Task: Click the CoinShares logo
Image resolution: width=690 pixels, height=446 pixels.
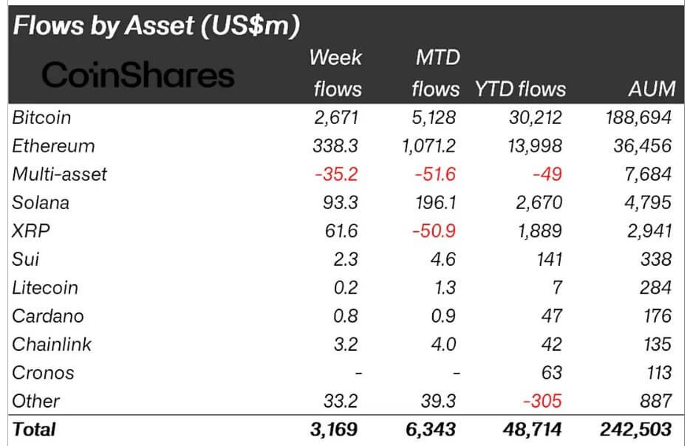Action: coord(138,75)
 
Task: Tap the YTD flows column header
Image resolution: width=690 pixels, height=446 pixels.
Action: coord(520,89)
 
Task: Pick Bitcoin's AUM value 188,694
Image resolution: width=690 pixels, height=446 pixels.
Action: coord(636,117)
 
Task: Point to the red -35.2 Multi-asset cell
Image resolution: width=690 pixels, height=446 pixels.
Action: coord(337,174)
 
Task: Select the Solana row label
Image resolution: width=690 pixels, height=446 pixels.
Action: coord(42,202)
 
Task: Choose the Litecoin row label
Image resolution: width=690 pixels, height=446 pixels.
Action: coord(45,287)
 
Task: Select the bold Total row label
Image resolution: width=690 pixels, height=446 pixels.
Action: coord(34,429)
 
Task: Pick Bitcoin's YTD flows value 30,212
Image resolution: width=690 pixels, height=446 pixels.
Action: coord(533,117)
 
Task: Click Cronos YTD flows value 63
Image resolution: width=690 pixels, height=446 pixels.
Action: coord(551,373)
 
